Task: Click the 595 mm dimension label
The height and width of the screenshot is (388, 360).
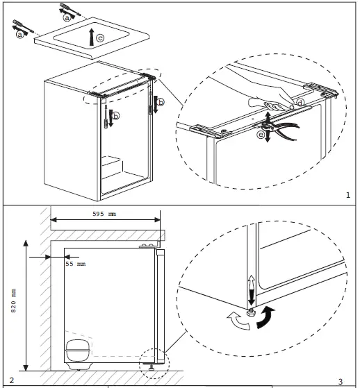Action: coord(104,214)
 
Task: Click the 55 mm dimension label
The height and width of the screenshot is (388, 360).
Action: coord(76,264)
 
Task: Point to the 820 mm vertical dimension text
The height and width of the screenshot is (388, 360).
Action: coord(13,301)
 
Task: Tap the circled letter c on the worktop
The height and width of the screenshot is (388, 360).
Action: coord(100,38)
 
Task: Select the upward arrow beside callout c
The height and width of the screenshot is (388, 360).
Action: coord(92,37)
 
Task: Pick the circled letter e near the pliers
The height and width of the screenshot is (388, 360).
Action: coord(261,135)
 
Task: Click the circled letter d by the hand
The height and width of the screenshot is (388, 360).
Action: coord(300,103)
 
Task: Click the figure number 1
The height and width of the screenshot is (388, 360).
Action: coord(348,195)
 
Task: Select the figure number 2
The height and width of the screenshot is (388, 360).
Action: coord(11,380)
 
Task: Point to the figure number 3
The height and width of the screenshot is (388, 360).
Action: coord(341,382)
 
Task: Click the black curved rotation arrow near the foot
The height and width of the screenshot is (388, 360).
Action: coord(265,317)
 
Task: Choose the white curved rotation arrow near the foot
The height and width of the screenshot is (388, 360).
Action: coord(238,321)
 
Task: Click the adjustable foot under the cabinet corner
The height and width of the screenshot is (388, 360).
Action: coord(251,313)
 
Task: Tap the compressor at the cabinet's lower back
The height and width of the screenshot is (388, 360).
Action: coord(78,352)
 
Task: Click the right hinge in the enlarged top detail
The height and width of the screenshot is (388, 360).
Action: coord(321,90)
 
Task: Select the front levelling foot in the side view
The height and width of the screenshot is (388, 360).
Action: coord(151,366)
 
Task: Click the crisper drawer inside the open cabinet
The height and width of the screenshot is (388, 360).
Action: coord(111,167)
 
